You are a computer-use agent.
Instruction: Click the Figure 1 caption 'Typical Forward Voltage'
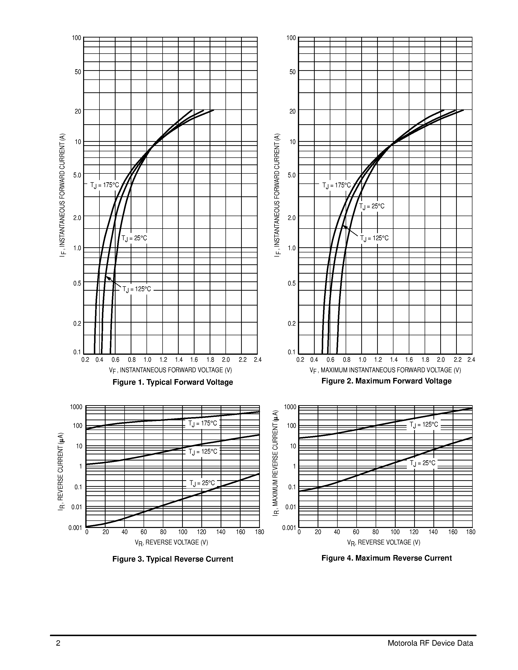pos(173,382)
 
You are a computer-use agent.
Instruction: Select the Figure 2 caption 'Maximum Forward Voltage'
pos(386,381)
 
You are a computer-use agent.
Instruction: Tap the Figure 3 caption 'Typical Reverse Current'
pos(173,559)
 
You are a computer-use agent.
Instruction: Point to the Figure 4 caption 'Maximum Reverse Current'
pos(386,558)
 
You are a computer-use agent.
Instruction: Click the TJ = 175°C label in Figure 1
pos(104,185)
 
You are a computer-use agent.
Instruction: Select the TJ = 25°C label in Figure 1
pos(134,238)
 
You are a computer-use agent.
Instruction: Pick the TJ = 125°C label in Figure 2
pos(374,238)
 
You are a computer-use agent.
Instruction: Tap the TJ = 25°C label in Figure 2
pos(372,206)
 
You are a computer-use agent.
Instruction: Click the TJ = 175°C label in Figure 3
pos(203,424)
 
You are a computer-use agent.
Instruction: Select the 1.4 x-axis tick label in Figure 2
pos(394,360)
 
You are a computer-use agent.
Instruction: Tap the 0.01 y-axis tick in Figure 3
pos(77,507)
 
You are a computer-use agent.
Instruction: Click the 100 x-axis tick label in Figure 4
pos(395,532)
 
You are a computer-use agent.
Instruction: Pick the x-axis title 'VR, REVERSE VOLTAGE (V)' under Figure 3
pos(172,542)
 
